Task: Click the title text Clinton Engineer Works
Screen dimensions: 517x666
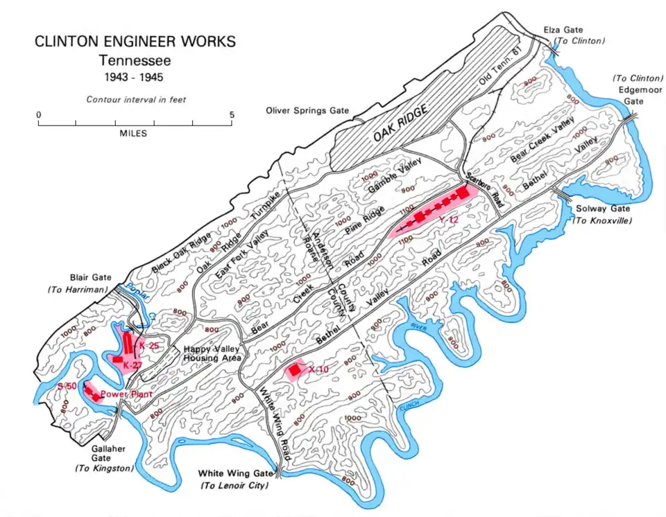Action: click(x=135, y=42)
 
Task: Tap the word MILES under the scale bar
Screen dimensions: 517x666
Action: click(x=133, y=134)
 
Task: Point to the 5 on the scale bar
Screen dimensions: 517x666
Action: click(x=232, y=115)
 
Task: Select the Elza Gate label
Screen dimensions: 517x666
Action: click(x=564, y=30)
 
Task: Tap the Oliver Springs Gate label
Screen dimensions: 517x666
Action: click(x=307, y=111)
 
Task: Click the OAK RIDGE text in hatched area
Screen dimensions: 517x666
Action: click(x=397, y=126)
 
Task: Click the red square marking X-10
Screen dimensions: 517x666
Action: click(x=295, y=371)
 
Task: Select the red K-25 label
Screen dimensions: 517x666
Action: click(x=151, y=345)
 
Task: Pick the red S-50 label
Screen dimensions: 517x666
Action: click(x=67, y=385)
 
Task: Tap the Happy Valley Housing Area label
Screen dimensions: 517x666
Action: click(x=212, y=354)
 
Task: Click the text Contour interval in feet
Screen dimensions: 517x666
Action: click(x=136, y=100)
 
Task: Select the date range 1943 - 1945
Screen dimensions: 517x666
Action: click(x=135, y=77)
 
